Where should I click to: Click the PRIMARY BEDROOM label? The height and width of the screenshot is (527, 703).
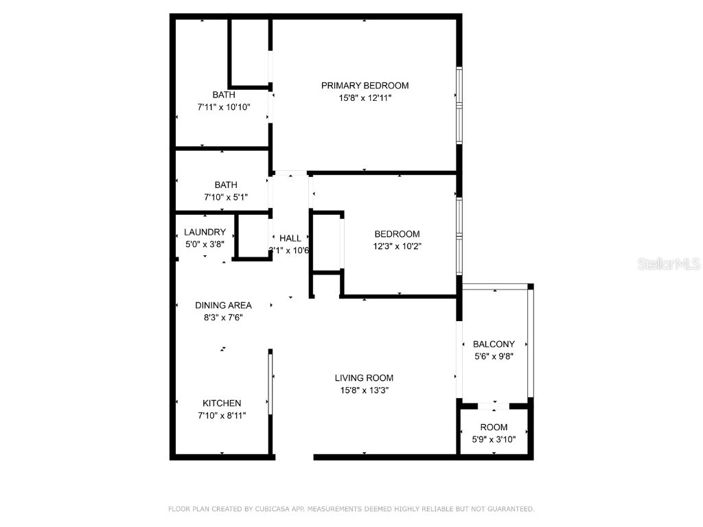tap(365, 86)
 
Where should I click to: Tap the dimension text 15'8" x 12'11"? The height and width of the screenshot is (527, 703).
tap(365, 98)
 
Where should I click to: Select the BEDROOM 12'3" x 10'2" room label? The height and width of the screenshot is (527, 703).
tap(397, 234)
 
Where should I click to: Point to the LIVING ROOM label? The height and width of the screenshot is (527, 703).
tap(364, 377)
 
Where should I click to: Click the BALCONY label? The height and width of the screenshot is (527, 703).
tap(494, 344)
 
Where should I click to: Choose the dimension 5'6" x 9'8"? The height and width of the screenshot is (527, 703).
tap(494, 357)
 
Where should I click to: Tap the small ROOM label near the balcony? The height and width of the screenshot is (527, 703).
tap(494, 427)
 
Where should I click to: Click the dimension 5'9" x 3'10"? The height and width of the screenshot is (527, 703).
tap(494, 439)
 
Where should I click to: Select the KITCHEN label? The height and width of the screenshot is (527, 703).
tap(222, 403)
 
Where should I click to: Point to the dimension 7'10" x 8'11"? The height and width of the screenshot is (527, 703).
tap(222, 415)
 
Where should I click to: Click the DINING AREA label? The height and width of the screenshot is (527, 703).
tap(223, 305)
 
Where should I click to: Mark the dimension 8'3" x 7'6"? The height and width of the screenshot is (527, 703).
tap(223, 317)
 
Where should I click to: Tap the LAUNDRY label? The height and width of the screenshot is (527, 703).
tap(205, 233)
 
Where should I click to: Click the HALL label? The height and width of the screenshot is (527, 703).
tap(290, 238)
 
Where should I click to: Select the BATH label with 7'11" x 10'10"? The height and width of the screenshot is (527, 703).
tap(223, 95)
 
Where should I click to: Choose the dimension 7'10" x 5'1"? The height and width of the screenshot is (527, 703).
tap(225, 197)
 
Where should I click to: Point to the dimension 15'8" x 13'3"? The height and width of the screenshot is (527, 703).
tap(364, 390)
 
